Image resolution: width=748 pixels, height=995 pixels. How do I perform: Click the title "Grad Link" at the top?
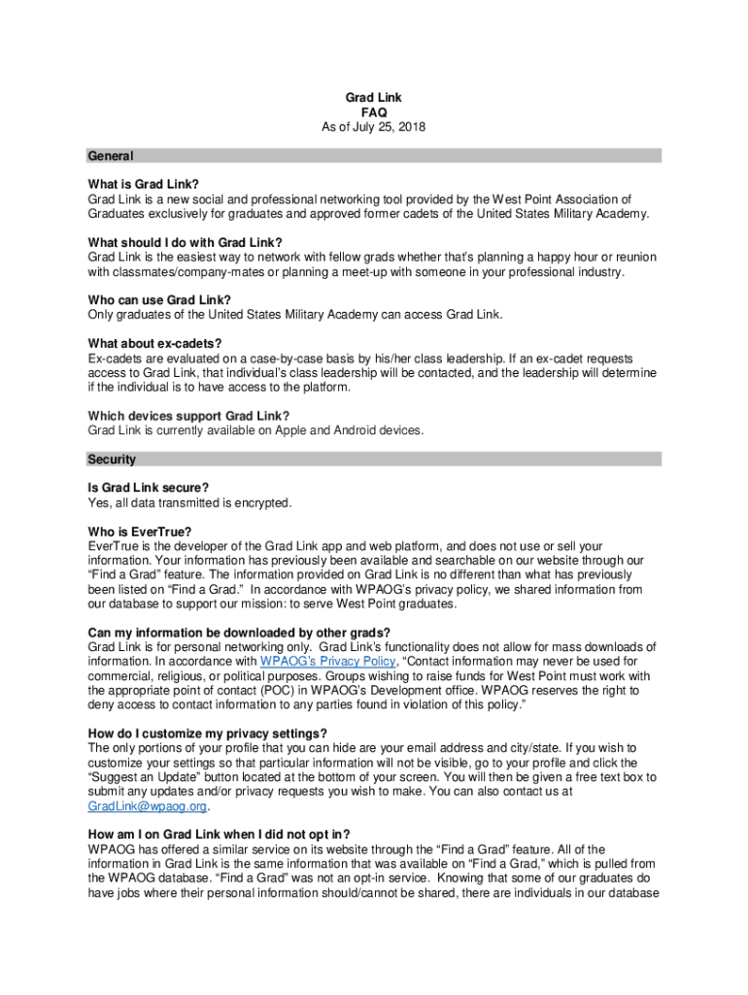click(x=374, y=97)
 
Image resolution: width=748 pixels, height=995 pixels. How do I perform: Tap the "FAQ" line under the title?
click(x=374, y=112)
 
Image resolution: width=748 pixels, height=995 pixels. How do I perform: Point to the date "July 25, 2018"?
click(x=387, y=126)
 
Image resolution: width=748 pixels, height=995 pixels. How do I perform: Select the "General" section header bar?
click(x=374, y=155)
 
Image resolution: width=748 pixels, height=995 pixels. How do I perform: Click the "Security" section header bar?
click(x=374, y=459)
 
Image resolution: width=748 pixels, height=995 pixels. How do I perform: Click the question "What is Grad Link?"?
click(x=143, y=185)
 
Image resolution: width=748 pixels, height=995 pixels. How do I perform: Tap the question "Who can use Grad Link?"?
click(x=159, y=299)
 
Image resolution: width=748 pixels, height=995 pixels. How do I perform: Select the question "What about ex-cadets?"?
click(x=154, y=343)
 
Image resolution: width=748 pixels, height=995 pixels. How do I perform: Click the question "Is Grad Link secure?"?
click(x=149, y=487)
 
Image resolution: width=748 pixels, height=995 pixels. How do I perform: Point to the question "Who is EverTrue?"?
click(x=140, y=532)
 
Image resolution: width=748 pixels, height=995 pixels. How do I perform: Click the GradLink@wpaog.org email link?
click(x=148, y=806)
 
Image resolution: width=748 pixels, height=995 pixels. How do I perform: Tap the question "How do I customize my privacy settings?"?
click(x=207, y=733)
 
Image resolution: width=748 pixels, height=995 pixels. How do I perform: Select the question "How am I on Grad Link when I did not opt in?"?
click(x=219, y=834)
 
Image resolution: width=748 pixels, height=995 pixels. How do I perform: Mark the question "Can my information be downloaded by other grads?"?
click(x=239, y=632)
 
